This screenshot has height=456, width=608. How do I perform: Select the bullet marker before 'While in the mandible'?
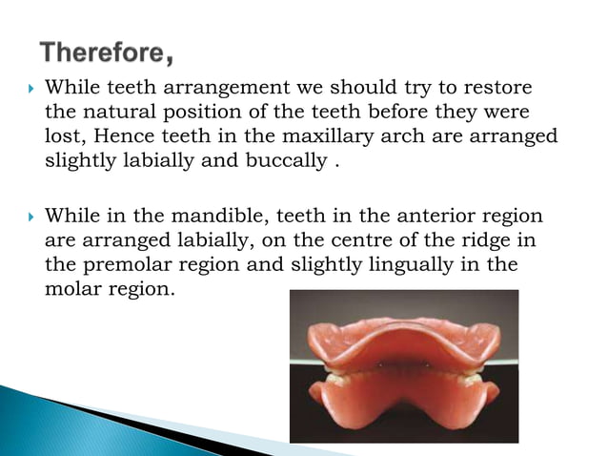[x=30, y=214]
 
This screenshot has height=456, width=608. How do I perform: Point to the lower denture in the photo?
[x=402, y=401]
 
